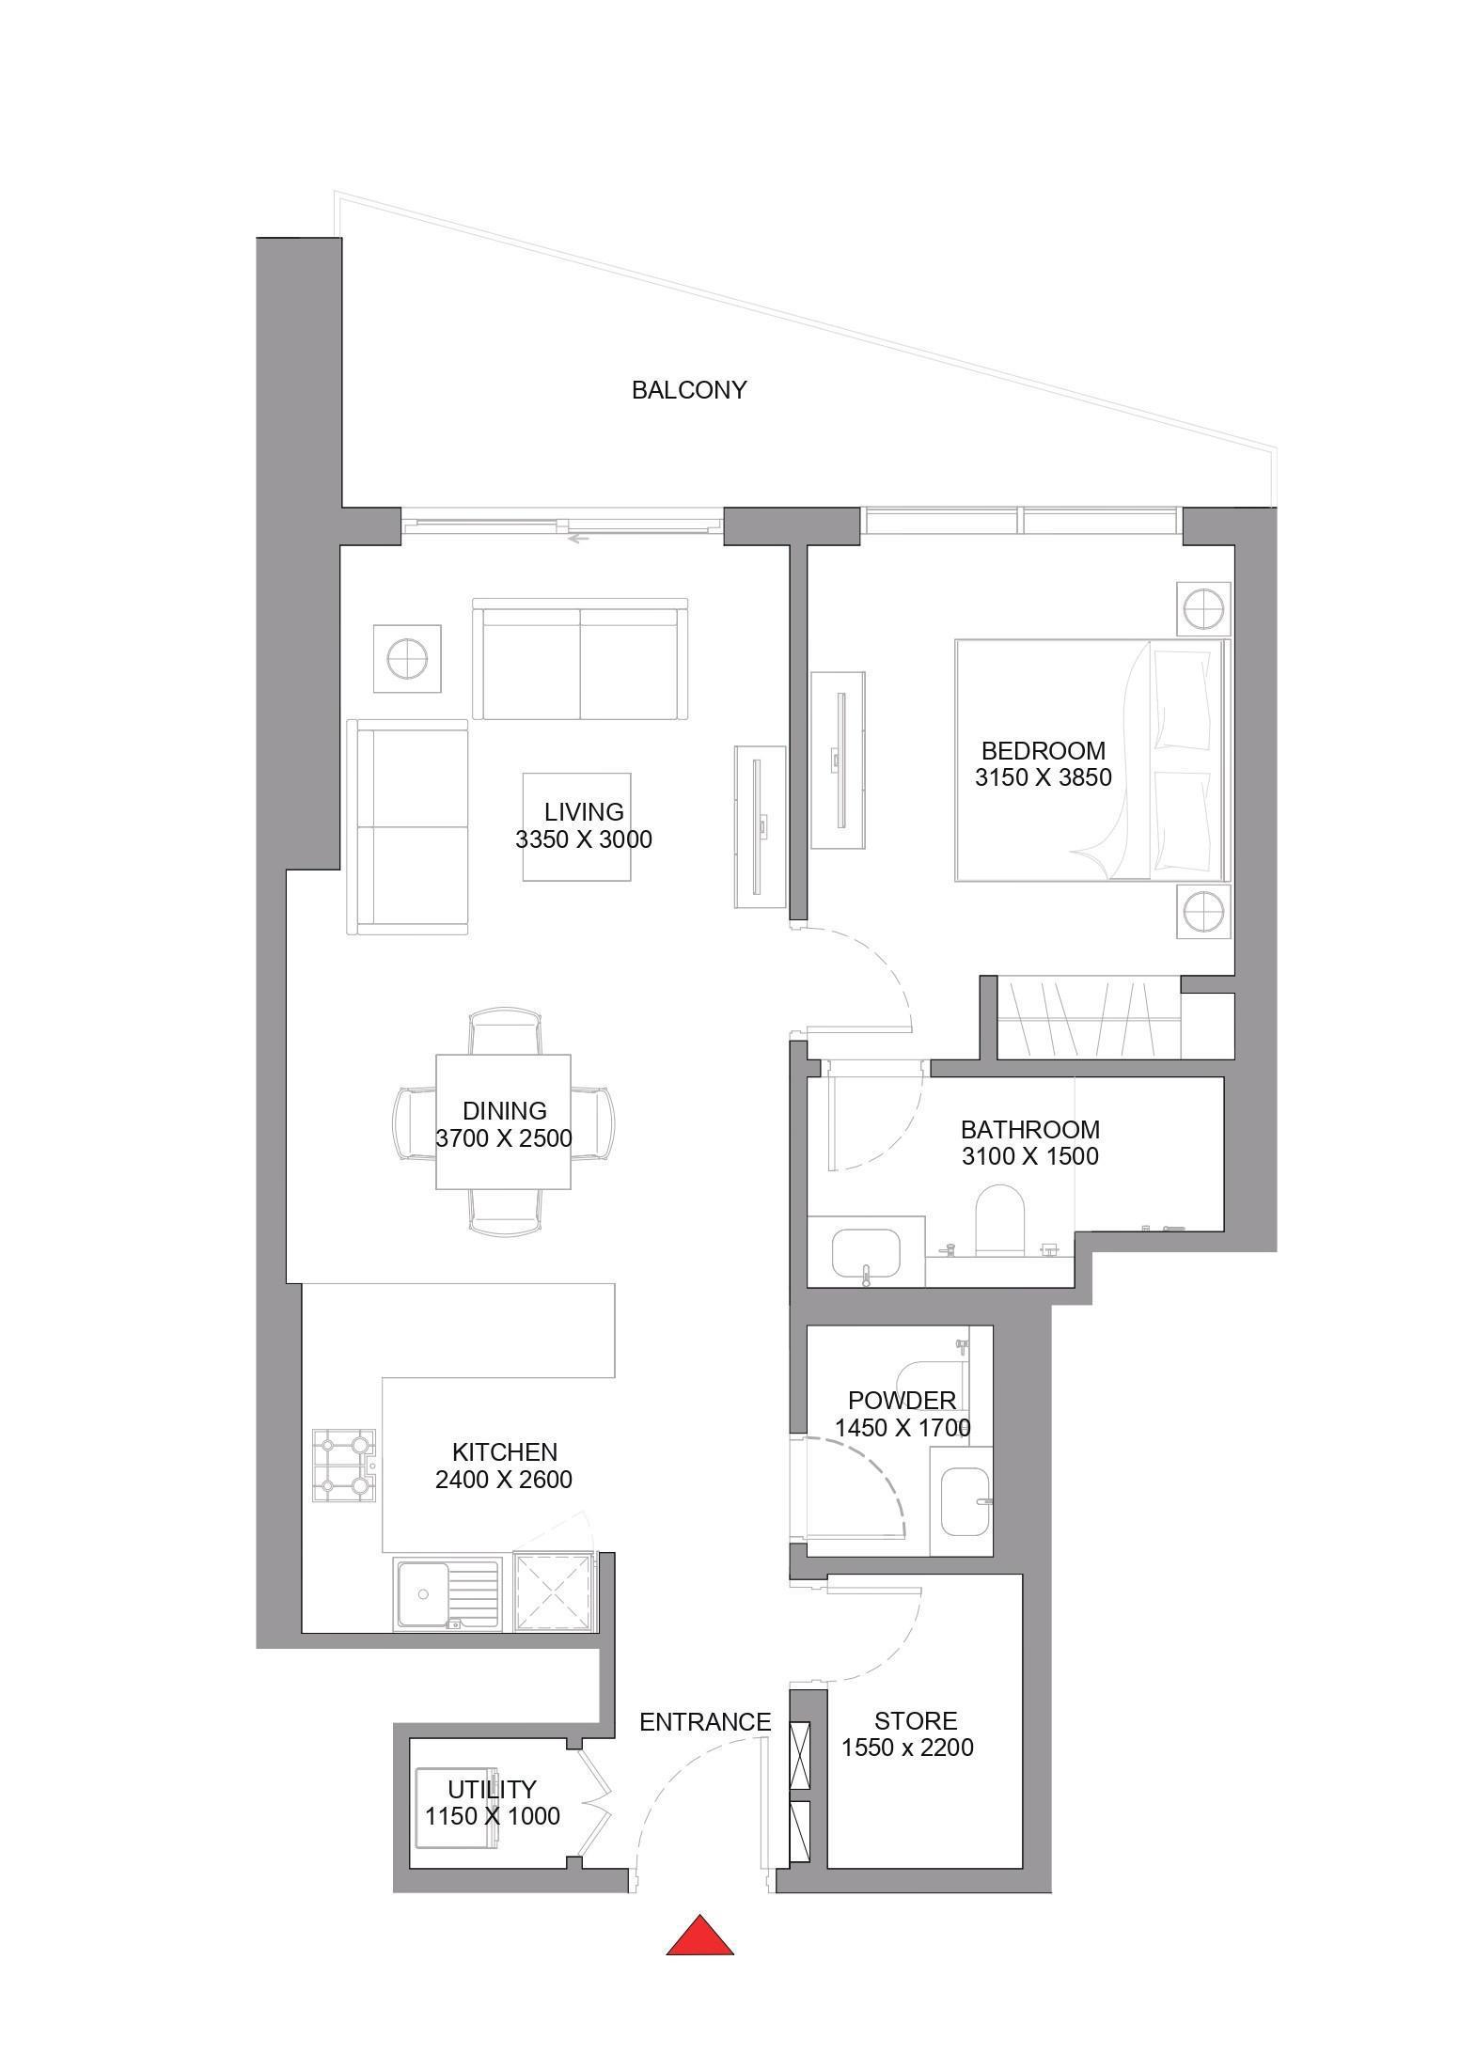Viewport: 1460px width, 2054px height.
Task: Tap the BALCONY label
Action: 689,390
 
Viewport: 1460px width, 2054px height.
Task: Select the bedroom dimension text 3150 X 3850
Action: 1044,777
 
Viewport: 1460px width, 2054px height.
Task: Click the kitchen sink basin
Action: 423,1592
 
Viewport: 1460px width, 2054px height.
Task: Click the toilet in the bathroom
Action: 998,1219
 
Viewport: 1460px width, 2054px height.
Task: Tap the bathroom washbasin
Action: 866,1257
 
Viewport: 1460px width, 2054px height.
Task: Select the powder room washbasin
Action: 965,1501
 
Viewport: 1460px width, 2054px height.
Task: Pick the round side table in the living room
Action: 406,658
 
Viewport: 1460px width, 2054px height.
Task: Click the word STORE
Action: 916,1721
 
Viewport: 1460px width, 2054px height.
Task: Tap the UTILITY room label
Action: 492,1789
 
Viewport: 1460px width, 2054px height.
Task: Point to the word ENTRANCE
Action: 705,1722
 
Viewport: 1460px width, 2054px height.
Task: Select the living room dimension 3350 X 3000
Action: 584,839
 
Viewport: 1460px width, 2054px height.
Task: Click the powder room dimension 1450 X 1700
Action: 903,1428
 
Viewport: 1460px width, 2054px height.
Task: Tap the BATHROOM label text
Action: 1030,1129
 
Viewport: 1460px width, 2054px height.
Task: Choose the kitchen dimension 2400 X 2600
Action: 504,1480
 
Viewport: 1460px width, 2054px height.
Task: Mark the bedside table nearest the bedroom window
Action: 1202,609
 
